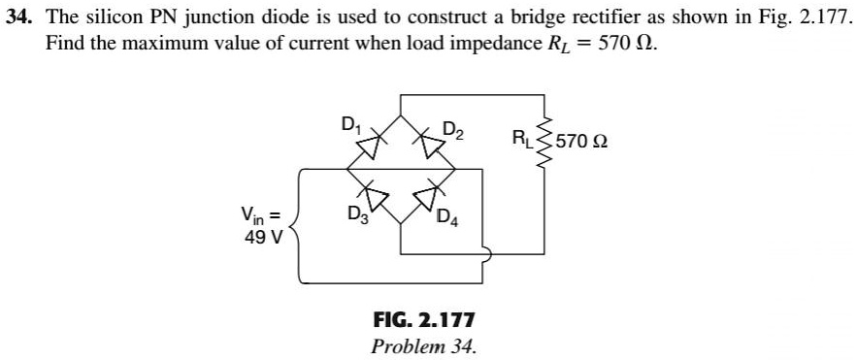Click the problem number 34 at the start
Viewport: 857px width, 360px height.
(x=19, y=19)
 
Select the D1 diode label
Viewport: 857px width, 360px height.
(x=349, y=124)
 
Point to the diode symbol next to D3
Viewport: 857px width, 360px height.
(x=373, y=201)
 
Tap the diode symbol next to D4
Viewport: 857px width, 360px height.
(x=426, y=201)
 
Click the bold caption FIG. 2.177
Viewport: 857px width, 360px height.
(x=423, y=319)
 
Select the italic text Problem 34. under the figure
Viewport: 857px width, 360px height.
(x=423, y=345)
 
